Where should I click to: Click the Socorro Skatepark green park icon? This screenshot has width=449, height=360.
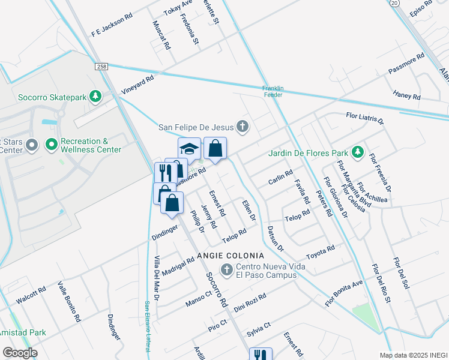tap(94, 96)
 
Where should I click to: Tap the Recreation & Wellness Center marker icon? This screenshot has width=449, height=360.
tap(52, 145)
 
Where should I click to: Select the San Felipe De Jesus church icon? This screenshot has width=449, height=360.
tap(242, 127)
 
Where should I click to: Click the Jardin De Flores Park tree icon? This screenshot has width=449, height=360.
tap(358, 152)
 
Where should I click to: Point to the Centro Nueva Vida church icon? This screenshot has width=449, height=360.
tap(227, 271)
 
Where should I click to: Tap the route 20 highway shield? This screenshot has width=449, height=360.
tap(394, 3)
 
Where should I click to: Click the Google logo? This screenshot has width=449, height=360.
tap(20, 353)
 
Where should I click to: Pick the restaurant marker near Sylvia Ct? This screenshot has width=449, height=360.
tap(261, 355)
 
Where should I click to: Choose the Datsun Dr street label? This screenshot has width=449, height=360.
tap(275, 238)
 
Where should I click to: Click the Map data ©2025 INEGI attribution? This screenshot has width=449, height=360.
tap(413, 355)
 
